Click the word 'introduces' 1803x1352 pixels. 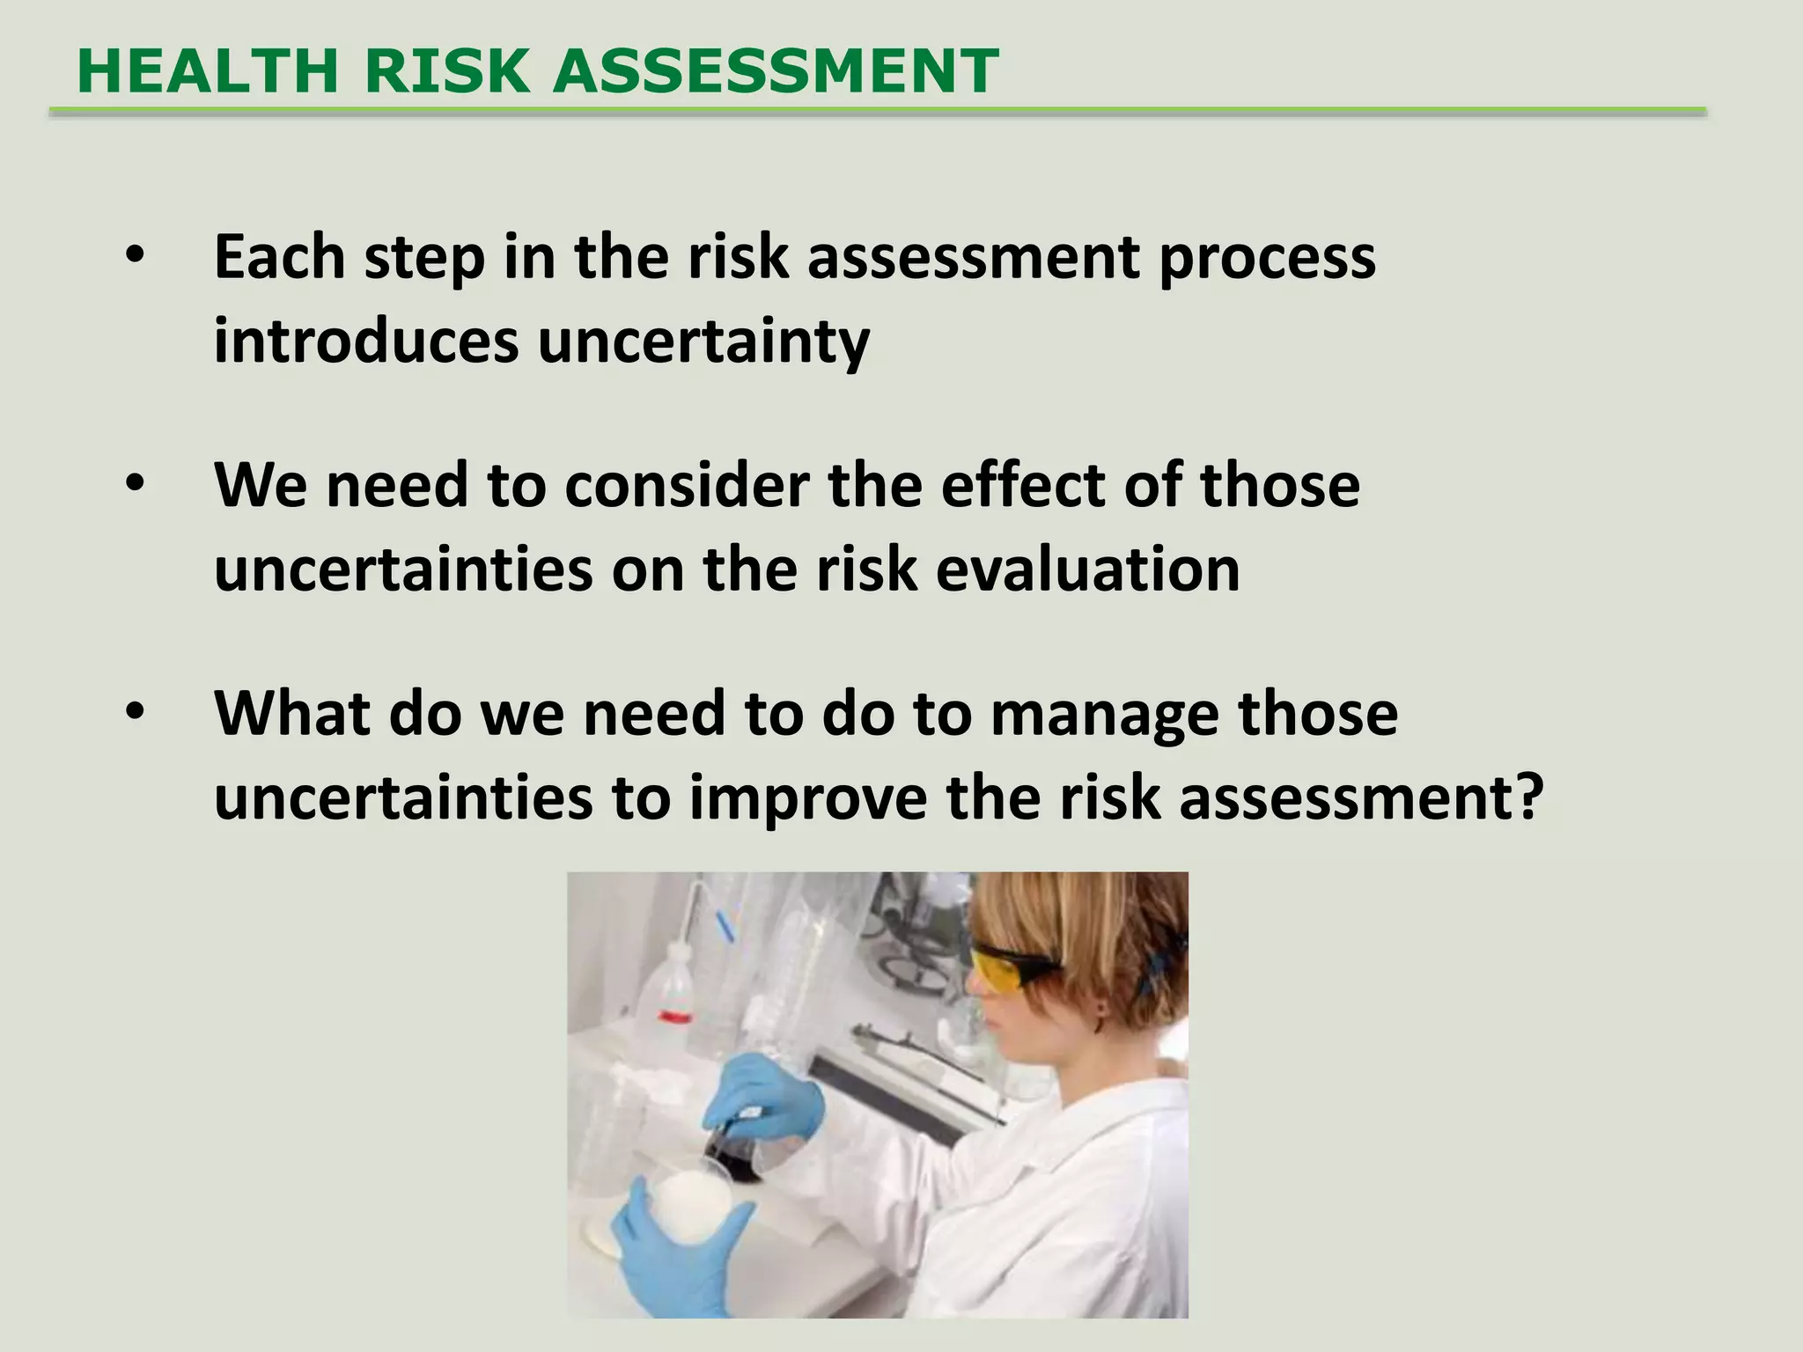[366, 341]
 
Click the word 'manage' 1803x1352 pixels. [1104, 715]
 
